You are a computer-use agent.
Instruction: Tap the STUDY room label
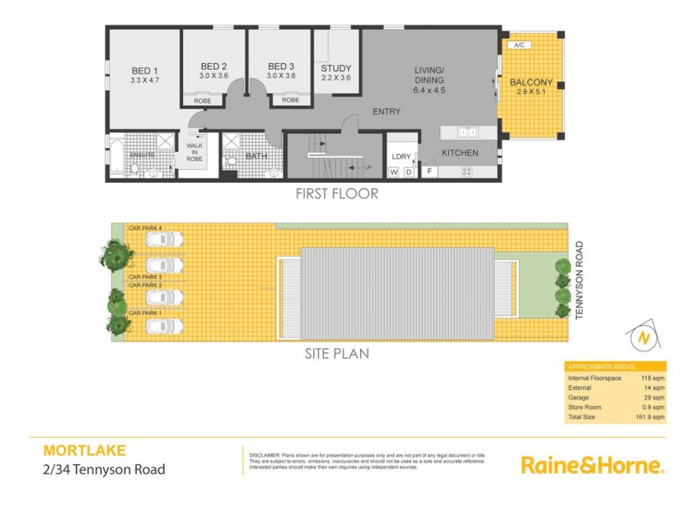[335, 68]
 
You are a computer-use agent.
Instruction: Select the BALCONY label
[531, 83]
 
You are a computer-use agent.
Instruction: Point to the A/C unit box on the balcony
[518, 44]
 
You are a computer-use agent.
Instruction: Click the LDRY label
[401, 156]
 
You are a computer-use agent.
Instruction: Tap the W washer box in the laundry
[394, 173]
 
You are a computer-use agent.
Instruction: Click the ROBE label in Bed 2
[203, 101]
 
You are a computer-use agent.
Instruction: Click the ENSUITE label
[143, 154]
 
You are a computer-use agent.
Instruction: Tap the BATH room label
[256, 156]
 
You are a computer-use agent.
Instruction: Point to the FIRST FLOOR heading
[337, 194]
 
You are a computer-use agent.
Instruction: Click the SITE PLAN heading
[337, 353]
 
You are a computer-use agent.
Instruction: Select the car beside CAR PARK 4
[162, 241]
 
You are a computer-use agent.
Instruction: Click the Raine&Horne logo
[592, 465]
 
